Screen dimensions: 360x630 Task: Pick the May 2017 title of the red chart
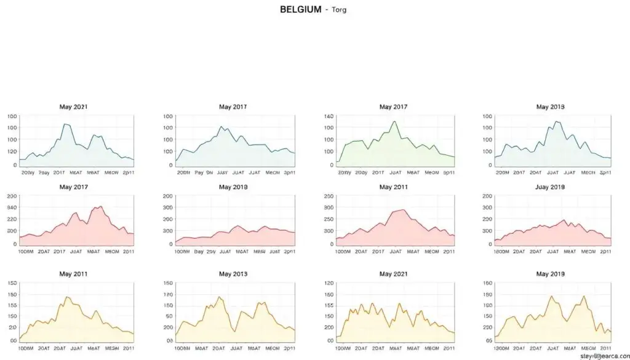(x=73, y=186)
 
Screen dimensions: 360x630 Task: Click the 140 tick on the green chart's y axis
(x=328, y=116)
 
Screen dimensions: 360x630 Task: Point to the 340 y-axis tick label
(x=12, y=207)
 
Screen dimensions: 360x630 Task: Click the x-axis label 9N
(x=209, y=172)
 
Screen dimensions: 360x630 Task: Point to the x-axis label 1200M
(x=502, y=251)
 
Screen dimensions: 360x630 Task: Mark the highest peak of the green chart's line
(x=394, y=121)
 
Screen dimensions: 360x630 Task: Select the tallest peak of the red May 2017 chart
(x=100, y=207)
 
